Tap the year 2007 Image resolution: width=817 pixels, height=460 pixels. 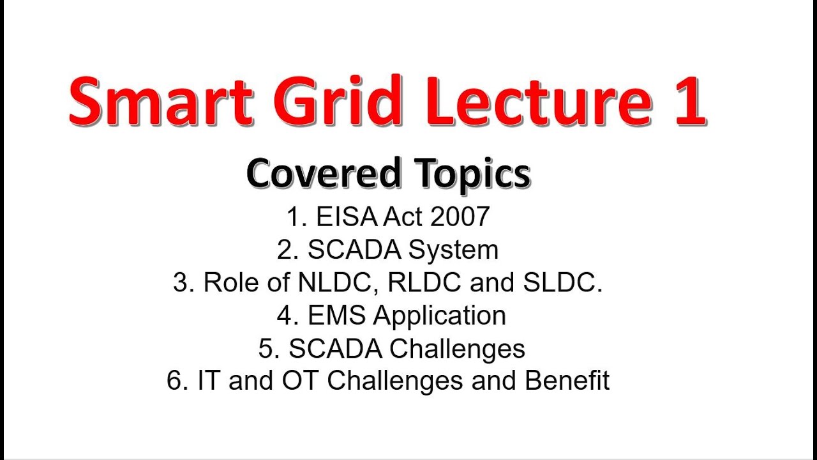460,217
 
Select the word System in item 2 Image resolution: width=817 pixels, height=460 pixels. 454,250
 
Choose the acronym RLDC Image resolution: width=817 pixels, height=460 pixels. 426,283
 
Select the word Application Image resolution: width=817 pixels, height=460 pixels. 440,316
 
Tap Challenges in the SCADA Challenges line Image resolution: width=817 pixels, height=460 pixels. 457,349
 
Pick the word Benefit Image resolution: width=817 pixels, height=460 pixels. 567,381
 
